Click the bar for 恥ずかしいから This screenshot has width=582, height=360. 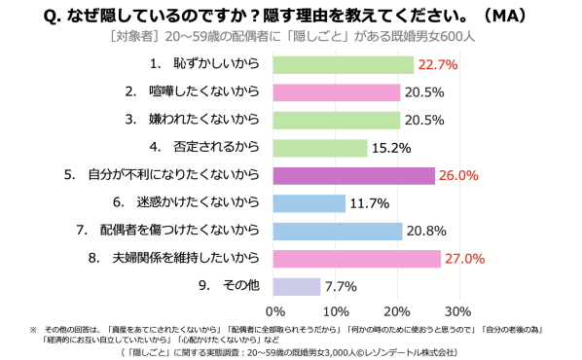344,65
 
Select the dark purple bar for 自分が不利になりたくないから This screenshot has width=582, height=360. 354,176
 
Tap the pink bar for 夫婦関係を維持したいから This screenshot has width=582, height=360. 357,259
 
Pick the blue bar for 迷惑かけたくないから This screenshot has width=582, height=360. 309,203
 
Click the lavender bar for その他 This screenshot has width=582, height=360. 297,286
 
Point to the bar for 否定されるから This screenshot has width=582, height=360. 320,148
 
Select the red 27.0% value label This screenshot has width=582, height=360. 464,259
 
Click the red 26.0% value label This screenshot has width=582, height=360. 458,175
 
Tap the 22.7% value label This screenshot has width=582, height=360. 438,65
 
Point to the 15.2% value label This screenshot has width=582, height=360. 391,148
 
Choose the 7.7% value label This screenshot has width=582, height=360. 341,286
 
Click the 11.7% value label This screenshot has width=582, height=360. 370,203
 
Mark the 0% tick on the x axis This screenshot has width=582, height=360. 275,311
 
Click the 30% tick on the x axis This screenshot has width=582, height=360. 458,311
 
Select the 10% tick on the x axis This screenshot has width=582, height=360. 336,311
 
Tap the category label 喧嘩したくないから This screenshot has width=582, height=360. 203,91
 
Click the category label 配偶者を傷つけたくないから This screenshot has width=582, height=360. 179,230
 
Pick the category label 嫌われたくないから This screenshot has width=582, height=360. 203,119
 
